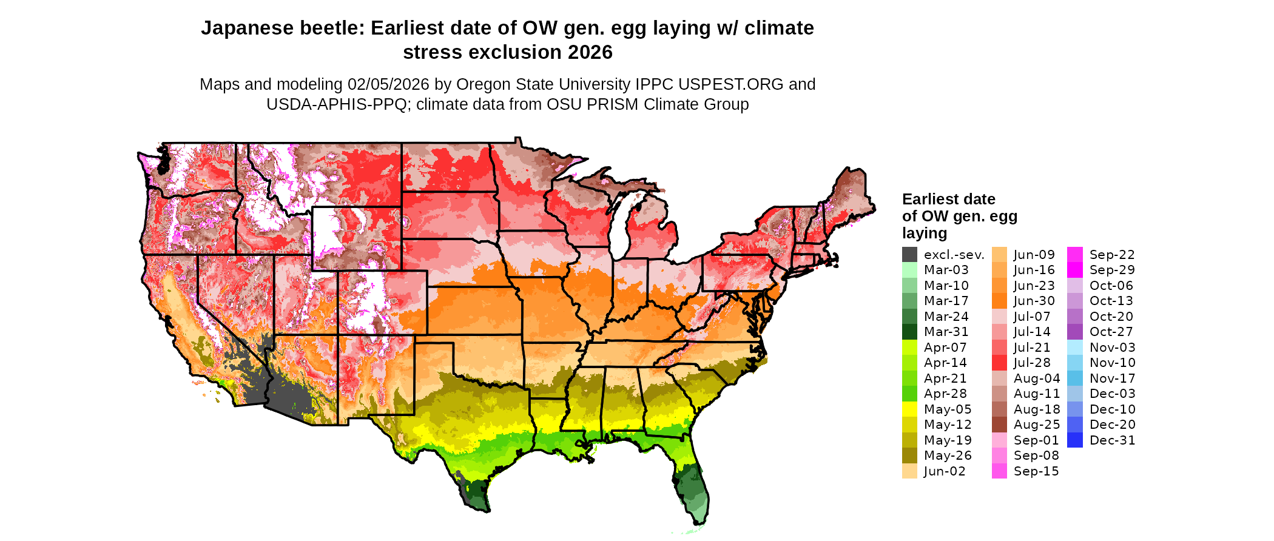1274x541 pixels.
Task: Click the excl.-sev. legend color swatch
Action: (909, 255)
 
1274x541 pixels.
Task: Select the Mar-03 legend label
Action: (946, 270)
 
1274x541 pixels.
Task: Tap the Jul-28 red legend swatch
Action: (999, 363)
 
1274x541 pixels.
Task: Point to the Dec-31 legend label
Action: (1112, 440)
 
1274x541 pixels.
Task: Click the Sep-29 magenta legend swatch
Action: (1074, 270)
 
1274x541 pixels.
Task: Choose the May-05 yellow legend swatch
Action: (909, 409)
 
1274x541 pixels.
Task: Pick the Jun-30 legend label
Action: (1034, 301)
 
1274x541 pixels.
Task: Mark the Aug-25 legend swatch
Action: (999, 425)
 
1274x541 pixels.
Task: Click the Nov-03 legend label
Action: (1112, 348)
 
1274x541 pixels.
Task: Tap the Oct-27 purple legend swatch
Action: (1074, 332)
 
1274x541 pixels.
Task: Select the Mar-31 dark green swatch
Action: (909, 332)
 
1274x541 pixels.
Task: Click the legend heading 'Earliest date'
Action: (948, 199)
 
